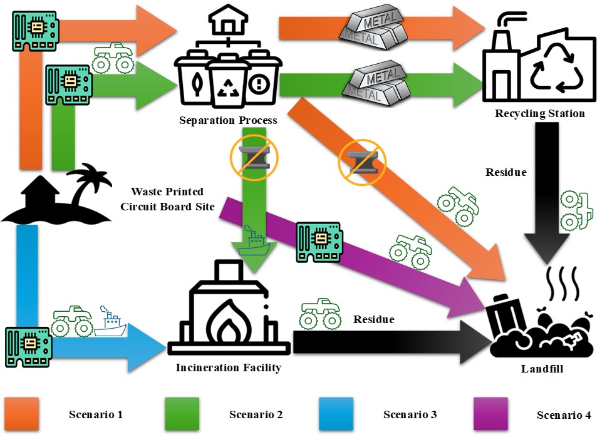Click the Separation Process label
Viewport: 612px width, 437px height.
point(228,120)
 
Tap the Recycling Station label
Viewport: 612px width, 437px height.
point(539,113)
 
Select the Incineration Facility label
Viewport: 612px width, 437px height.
point(228,368)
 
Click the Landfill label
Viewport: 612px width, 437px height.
point(542,369)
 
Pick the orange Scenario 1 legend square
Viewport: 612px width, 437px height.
point(22,414)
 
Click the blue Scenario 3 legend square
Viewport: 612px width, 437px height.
point(336,414)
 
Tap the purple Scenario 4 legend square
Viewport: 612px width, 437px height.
point(490,414)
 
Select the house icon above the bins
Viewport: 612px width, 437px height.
point(228,23)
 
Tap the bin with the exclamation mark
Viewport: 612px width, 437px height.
point(258,81)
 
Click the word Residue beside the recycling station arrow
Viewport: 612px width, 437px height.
point(506,172)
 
